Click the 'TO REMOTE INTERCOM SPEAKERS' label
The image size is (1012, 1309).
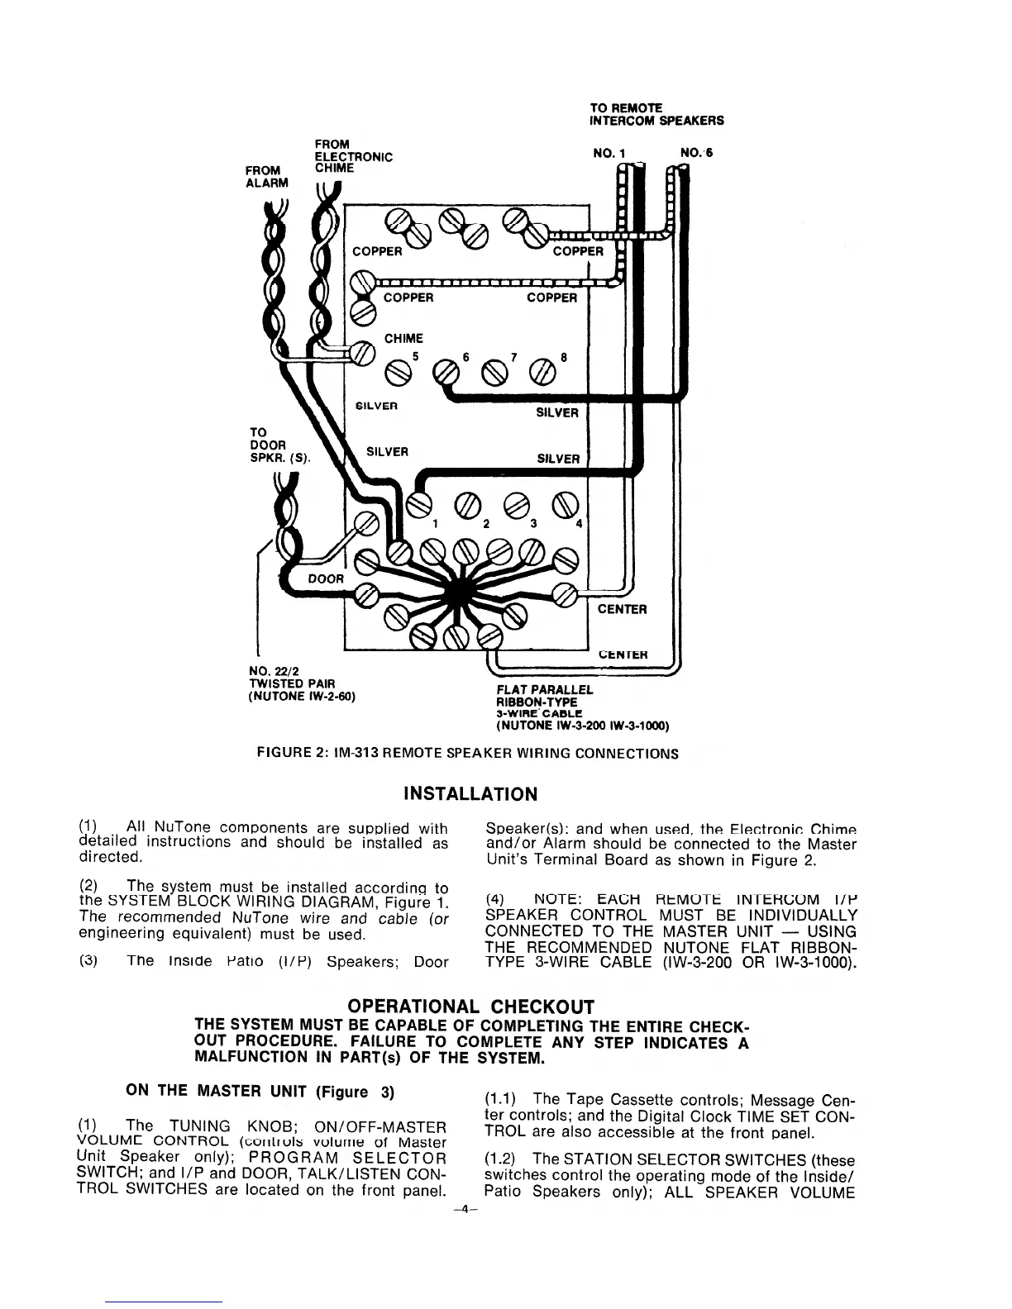click(x=656, y=114)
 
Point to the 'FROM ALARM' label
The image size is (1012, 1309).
click(x=267, y=177)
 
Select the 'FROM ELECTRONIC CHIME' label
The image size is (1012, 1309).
click(x=353, y=156)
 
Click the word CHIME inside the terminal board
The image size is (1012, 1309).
click(x=403, y=338)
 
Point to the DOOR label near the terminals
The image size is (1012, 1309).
click(x=326, y=578)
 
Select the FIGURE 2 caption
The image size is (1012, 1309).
click(x=468, y=754)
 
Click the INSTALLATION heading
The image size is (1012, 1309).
click(x=470, y=794)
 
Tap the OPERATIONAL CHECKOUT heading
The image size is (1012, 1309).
click(x=471, y=1007)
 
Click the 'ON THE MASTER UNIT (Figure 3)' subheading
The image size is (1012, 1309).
click(x=259, y=1091)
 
